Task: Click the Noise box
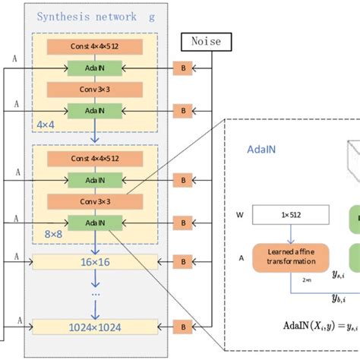(x=205, y=42)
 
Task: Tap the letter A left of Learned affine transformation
(x=242, y=257)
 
